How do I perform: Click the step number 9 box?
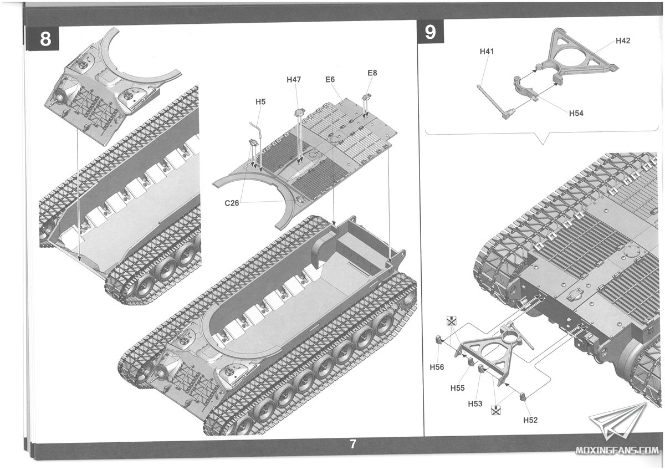click(x=430, y=32)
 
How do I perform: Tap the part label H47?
click(x=294, y=80)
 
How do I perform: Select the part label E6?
click(x=330, y=80)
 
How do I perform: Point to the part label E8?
click(x=372, y=73)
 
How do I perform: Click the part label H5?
click(x=260, y=101)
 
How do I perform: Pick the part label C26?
click(x=232, y=203)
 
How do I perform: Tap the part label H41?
click(x=487, y=52)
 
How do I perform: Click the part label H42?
click(x=622, y=41)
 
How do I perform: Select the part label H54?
click(x=576, y=113)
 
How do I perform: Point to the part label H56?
click(x=437, y=367)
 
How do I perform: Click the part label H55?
click(x=457, y=388)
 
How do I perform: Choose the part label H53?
click(x=475, y=404)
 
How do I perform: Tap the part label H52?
click(x=530, y=420)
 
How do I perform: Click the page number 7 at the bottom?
click(x=352, y=444)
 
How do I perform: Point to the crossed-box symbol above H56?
click(x=452, y=321)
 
